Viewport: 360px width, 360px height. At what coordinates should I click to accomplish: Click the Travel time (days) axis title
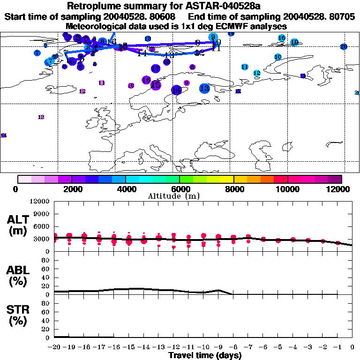click(204, 355)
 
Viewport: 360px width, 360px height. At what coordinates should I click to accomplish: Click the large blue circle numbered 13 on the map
click(204, 88)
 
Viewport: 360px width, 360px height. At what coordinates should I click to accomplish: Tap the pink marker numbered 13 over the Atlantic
click(41, 117)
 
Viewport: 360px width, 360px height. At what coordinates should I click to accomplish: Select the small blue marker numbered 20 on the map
click(344, 46)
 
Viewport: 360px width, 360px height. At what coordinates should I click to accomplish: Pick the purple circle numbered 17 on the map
click(156, 69)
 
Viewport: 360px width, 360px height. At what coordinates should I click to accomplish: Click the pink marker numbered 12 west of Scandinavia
click(82, 91)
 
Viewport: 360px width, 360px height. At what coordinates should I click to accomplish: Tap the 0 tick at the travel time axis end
click(352, 348)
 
